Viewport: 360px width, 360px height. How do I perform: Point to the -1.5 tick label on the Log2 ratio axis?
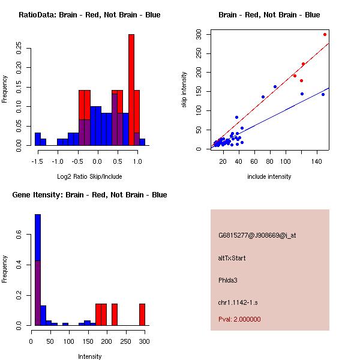point(38,161)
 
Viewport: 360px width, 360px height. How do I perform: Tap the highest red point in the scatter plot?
point(325,34)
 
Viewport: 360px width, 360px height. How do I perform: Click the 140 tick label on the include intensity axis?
point(317,161)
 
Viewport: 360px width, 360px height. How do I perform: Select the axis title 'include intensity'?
point(269,176)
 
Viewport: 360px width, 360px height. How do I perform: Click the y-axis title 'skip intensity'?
point(184,90)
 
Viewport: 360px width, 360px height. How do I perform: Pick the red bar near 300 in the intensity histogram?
point(142,314)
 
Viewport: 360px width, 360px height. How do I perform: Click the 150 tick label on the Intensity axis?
point(88,341)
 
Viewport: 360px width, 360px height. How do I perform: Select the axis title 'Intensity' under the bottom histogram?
point(90,356)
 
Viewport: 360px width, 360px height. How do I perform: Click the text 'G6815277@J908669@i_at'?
point(257,235)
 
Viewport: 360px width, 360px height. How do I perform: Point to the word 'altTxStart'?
point(232,258)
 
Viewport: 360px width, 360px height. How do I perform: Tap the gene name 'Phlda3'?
point(229,280)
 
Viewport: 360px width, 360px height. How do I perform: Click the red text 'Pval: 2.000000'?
point(239,319)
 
